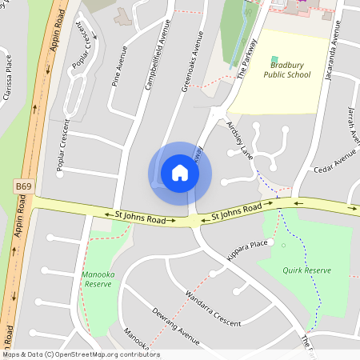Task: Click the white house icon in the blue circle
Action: [180, 173]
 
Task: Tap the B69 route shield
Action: [23, 186]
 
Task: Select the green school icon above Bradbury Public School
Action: [275, 60]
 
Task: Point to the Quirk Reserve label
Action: [306, 270]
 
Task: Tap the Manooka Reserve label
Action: [97, 279]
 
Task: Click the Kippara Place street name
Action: [246, 243]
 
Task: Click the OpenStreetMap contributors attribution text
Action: [80, 354]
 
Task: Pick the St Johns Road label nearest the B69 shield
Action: [140, 217]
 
